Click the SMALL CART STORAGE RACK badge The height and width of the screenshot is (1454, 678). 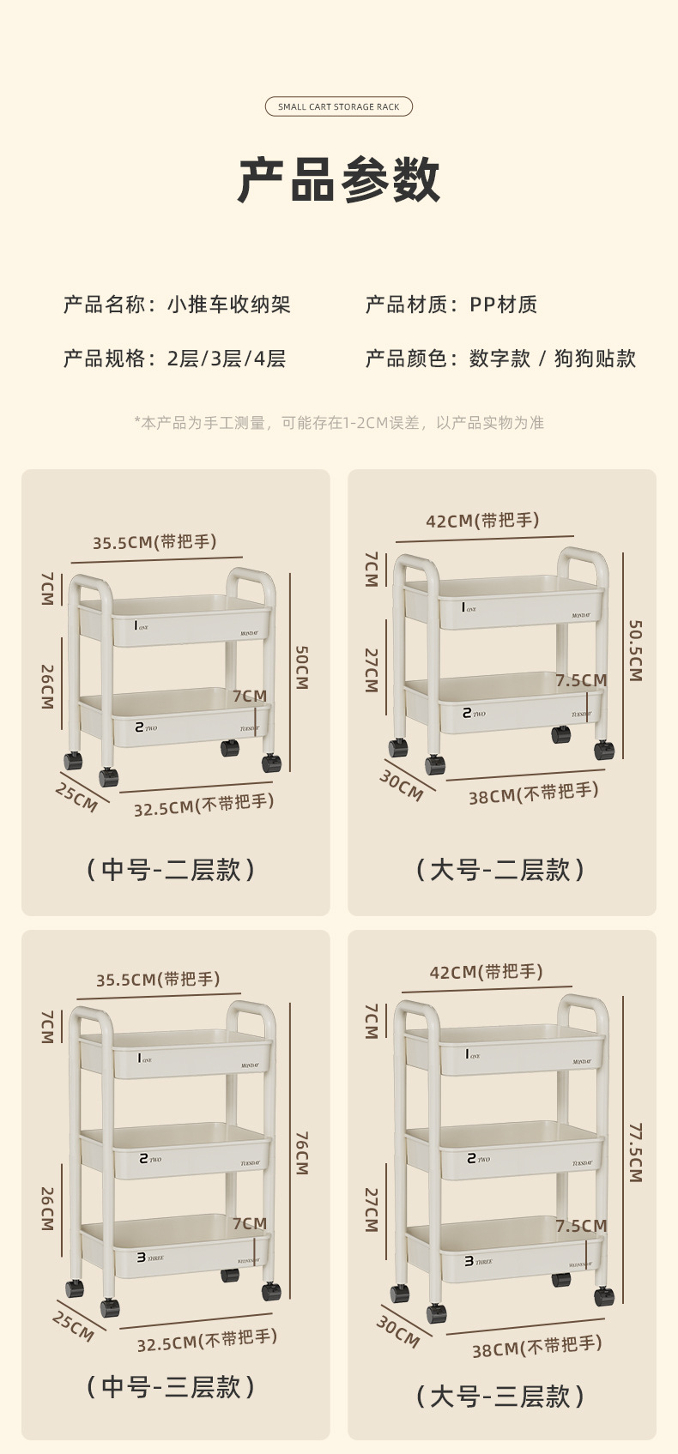tap(339, 106)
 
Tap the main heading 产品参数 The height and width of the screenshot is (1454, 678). tap(339, 180)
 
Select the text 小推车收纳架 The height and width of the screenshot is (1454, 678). tap(229, 305)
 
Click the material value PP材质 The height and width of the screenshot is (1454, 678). tap(503, 305)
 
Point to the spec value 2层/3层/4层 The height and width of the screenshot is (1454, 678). tap(227, 359)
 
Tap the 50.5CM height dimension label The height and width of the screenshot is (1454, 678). tap(635, 650)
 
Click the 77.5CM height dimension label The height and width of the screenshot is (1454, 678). tap(635, 1152)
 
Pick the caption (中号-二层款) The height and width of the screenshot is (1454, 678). tap(171, 870)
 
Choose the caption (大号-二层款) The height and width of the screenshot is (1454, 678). tap(500, 870)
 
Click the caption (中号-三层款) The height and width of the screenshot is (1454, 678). tap(171, 1387)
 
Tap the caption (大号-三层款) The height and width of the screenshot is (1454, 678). tap(500, 1397)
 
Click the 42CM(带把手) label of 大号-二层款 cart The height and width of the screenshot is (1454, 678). tap(482, 521)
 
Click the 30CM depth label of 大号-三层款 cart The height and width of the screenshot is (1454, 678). tap(398, 1330)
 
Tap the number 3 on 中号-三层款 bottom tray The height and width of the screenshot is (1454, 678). tap(141, 1258)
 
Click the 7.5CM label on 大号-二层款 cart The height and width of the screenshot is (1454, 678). tap(581, 680)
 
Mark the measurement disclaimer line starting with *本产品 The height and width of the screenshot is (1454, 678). tap(339, 423)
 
